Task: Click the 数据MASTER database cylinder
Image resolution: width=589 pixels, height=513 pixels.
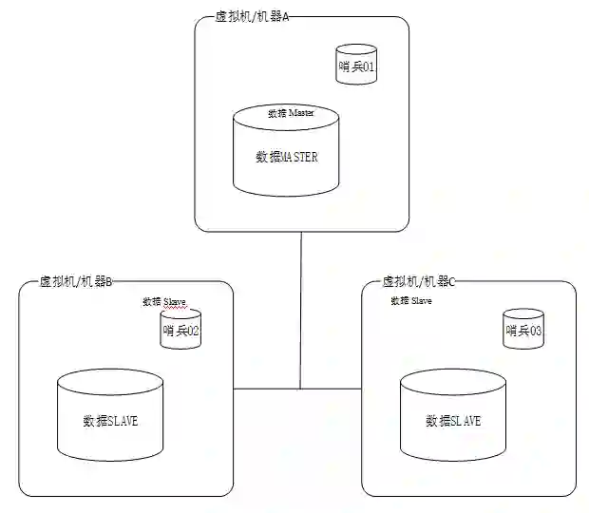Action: coord(286,152)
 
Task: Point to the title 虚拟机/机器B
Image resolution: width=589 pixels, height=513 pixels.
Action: coord(76,282)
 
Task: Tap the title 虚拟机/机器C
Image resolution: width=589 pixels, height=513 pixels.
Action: coord(419,282)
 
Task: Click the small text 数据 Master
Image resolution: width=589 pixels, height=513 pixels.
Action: coord(290,113)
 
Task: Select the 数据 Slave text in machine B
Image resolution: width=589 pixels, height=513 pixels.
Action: coord(164,302)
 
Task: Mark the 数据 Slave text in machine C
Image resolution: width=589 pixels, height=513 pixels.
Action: coord(411,300)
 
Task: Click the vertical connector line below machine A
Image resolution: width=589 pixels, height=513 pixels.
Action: coord(301,304)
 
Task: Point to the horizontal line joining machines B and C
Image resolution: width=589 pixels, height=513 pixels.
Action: coord(266,388)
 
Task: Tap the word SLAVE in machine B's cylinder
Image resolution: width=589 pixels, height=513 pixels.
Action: coord(123,421)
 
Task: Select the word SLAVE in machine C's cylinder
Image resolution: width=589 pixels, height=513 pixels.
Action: coord(465,421)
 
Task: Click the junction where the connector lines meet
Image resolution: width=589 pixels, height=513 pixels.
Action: coord(301,388)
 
